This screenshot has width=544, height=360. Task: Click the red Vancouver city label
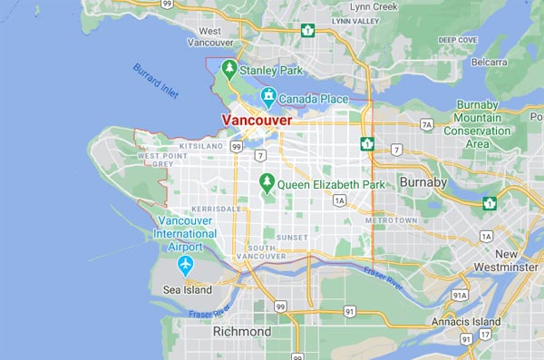(258, 120)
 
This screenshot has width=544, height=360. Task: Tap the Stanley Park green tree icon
(230, 68)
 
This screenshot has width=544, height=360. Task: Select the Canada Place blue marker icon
(268, 96)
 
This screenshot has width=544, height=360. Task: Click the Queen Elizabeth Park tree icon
(267, 183)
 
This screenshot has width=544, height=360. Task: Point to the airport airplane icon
(186, 266)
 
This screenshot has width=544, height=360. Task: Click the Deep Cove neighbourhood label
(459, 40)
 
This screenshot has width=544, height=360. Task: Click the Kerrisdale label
(217, 208)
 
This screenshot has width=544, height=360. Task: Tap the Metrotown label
(391, 220)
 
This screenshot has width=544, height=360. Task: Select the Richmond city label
(241, 332)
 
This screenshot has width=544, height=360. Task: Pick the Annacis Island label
(467, 322)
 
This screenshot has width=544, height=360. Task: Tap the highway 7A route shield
(426, 124)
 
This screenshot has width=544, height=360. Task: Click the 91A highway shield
(460, 296)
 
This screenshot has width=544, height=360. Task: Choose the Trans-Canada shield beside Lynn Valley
(307, 30)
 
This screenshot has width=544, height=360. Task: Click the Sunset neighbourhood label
(291, 237)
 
